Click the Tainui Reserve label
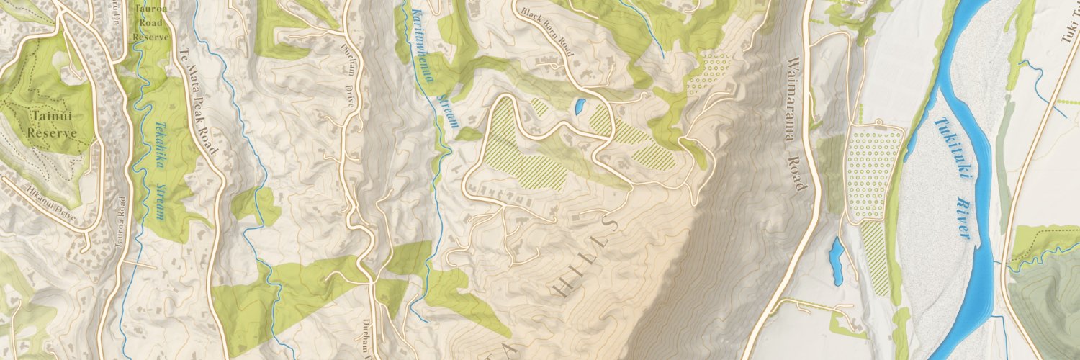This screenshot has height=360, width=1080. tap(52, 124)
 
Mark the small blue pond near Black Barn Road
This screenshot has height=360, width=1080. tap(578, 107)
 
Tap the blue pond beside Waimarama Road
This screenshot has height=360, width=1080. tap(836, 258)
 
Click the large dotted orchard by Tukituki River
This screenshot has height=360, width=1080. tap(874, 172)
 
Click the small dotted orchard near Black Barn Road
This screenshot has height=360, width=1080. tap(709, 72)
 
